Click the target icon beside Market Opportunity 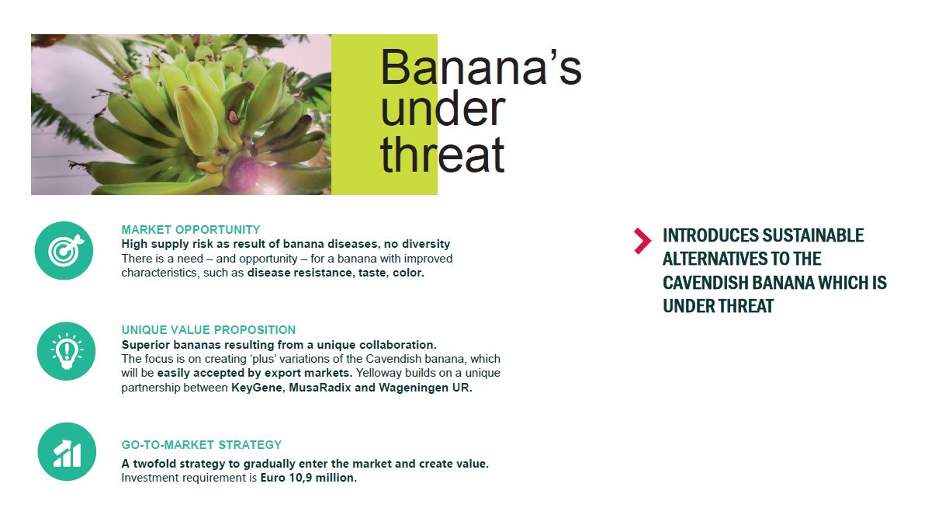[64, 251]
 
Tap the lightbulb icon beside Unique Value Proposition [66, 351]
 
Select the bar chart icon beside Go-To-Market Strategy [67, 452]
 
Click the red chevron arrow [642, 241]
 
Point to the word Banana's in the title [480, 68]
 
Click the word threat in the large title [442, 155]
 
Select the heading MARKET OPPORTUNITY [191, 230]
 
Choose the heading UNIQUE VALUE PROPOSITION [209, 330]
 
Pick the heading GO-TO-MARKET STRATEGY [202, 445]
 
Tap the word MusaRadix [320, 388]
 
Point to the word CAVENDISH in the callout [705, 283]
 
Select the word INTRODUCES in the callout [710, 235]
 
